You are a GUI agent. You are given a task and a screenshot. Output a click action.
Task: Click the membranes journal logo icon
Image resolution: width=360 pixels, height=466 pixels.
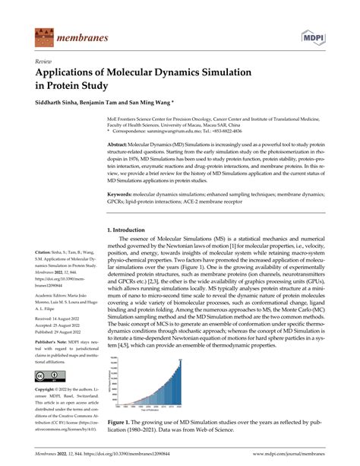(43, 36)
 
